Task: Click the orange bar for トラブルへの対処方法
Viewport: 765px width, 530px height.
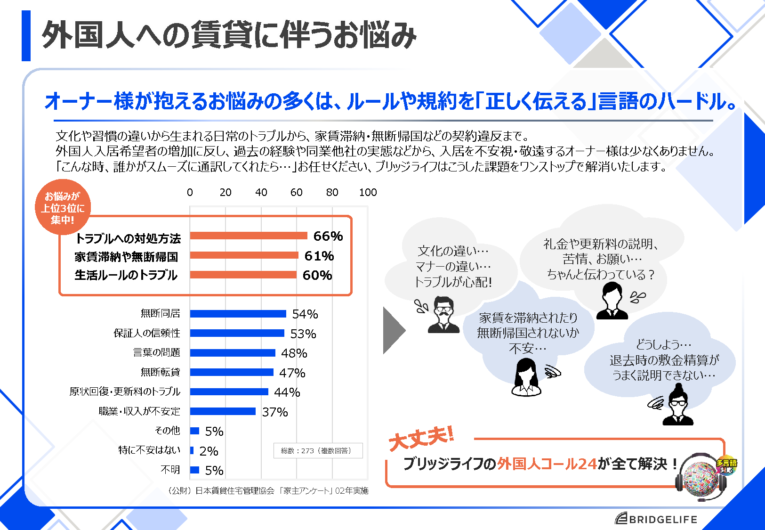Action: point(248,236)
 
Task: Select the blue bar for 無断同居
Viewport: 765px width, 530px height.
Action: point(238,314)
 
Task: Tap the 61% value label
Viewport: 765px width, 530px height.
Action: point(319,256)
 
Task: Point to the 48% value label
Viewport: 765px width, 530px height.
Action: point(294,353)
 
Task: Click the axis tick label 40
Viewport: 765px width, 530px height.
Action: point(261,192)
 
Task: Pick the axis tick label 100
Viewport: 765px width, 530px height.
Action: point(368,192)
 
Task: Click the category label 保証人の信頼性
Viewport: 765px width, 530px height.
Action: point(147,333)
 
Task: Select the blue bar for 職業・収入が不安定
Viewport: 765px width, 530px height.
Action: point(223,411)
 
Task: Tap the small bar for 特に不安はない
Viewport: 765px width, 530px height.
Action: point(192,450)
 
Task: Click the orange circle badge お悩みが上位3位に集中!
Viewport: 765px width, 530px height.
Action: point(63,208)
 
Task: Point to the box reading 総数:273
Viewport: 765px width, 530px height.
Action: point(318,450)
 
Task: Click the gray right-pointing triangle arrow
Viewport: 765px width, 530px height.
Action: point(393,330)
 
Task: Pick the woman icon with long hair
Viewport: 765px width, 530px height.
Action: point(526,377)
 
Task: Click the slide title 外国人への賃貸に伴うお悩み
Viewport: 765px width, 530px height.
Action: point(229,35)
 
